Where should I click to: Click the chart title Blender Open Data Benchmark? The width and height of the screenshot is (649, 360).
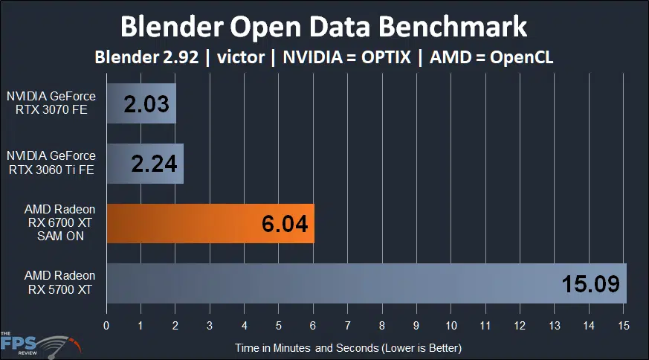coord(324,27)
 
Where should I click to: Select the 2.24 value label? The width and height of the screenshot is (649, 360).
coord(155,163)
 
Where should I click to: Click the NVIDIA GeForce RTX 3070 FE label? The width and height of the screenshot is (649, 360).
coord(51,102)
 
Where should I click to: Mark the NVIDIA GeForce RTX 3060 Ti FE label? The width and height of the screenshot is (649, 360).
coord(51,162)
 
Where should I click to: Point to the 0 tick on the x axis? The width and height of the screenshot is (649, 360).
coord(106,326)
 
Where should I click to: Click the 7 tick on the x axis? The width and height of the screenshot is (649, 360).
coord(347,326)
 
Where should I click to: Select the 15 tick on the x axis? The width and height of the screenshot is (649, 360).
coord(623,326)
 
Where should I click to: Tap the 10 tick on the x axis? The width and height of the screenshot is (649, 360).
coord(451,326)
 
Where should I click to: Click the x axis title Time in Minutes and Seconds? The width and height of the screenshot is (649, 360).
coord(348,347)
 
